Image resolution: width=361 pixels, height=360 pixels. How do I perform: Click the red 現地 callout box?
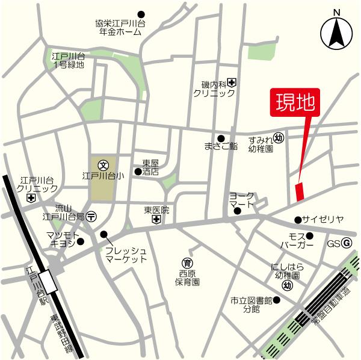pos(295,102)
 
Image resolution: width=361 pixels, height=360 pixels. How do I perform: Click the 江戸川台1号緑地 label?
pos(69,60)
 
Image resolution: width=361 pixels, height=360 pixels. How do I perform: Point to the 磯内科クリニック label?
pos(214,90)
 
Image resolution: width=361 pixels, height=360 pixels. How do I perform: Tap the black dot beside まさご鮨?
pos(221,138)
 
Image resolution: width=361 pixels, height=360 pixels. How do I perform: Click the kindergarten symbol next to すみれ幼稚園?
pos(279,138)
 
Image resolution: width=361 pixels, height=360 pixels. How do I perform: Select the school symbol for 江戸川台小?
pos(103,164)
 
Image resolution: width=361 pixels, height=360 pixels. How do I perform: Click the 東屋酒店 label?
pos(150,167)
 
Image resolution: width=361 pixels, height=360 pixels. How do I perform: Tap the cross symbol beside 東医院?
pos(156,220)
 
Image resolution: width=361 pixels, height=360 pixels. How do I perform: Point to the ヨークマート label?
pos(242,200)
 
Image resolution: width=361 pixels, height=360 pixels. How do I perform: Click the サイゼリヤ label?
pos(322,220)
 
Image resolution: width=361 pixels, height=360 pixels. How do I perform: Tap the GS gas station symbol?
pos(347,243)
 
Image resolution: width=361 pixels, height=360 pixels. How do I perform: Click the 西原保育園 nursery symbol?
pos(188,262)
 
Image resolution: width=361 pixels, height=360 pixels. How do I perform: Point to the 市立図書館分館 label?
pos(251,305)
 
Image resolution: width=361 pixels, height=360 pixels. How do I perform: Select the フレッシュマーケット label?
pos(126,254)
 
